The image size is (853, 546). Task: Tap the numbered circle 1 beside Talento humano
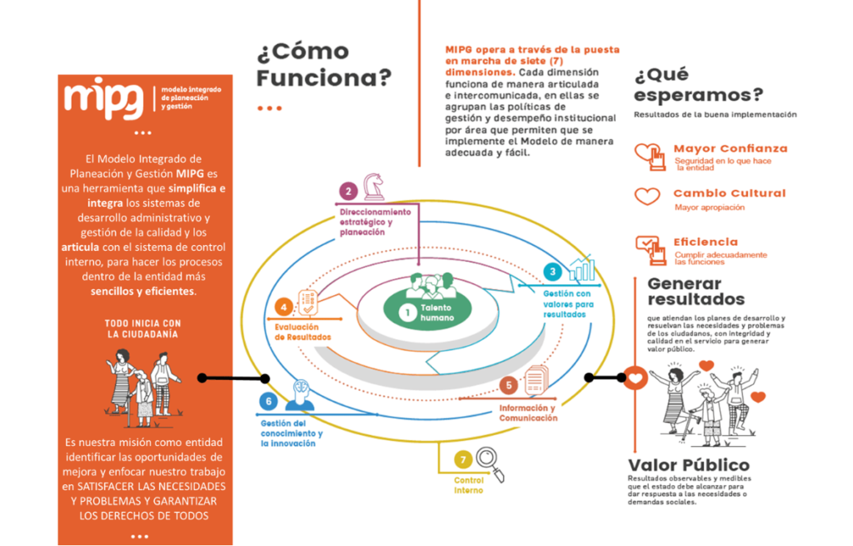[x=407, y=313]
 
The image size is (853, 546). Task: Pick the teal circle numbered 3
[x=551, y=272]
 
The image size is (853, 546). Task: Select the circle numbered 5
[x=508, y=385]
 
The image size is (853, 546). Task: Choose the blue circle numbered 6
[x=267, y=402]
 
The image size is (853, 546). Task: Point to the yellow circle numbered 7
[x=462, y=458]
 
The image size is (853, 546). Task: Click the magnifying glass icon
[x=491, y=461]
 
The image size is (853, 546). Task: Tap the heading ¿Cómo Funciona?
[x=325, y=65]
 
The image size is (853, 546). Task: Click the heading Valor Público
[x=688, y=465]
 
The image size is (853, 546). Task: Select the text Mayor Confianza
[x=730, y=148]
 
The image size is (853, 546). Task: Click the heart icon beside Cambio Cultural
[x=647, y=197]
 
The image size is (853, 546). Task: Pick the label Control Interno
[x=468, y=485]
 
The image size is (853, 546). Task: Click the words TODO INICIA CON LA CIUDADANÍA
[x=143, y=328]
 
